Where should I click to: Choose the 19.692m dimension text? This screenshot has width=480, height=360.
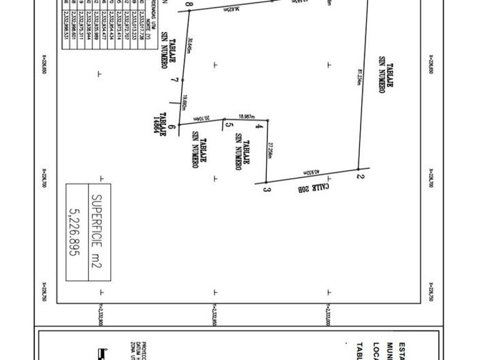(185, 103)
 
